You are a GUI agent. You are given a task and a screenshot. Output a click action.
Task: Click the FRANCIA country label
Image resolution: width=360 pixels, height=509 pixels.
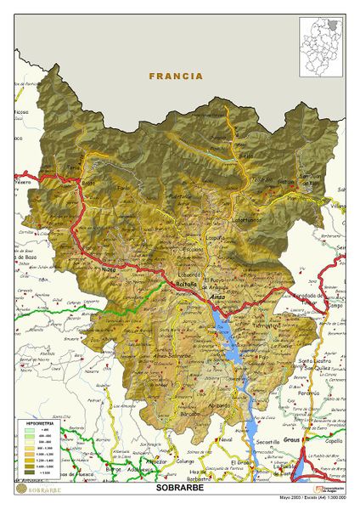click(x=176, y=76)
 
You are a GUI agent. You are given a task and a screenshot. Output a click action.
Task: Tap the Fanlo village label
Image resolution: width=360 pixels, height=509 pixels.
click(x=124, y=188)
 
